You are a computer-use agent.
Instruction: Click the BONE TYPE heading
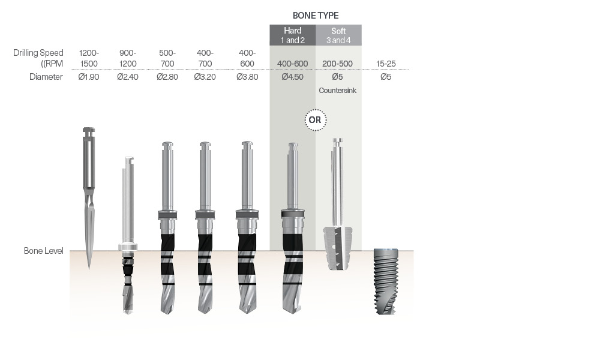point(316,16)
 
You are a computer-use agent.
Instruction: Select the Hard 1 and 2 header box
point(293,35)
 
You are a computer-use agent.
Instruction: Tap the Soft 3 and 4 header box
point(338,35)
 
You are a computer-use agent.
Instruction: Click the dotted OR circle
point(316,120)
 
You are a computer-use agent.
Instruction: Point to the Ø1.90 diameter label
point(89,77)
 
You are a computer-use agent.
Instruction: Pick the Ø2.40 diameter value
point(128,77)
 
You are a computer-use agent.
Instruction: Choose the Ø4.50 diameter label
point(293,77)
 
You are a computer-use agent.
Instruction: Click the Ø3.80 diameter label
point(247,77)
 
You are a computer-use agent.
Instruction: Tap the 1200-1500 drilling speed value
point(89,58)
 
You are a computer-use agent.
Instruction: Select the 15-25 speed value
point(386,64)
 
